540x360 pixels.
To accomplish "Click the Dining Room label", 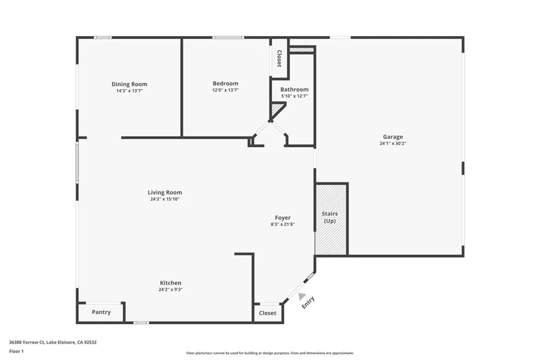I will point(129,84).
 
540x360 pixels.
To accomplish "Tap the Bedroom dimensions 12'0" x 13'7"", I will point(225,90).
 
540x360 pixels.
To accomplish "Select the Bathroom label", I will point(294,90).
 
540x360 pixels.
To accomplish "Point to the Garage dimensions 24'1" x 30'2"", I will point(392,143).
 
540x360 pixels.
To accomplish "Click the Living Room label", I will point(165,192).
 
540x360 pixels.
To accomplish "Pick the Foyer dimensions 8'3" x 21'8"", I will point(283,225).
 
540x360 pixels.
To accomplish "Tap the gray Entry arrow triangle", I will point(302,296).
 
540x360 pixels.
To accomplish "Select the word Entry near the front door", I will point(308,303).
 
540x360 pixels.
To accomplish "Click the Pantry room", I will point(101,312).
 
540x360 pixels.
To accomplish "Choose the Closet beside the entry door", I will point(267,313).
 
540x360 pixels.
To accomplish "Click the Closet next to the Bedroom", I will point(279,59).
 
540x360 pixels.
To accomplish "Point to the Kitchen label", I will point(170,283).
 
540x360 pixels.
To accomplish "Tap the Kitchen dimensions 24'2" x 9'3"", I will point(170,289).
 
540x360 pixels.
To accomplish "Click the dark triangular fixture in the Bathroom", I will point(276,109).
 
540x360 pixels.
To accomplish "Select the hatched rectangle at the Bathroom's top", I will point(302,50).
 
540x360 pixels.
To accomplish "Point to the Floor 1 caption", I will point(16,351).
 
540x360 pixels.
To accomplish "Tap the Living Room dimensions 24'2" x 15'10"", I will point(165,199).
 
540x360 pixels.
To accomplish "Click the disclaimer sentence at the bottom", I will point(269,353).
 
